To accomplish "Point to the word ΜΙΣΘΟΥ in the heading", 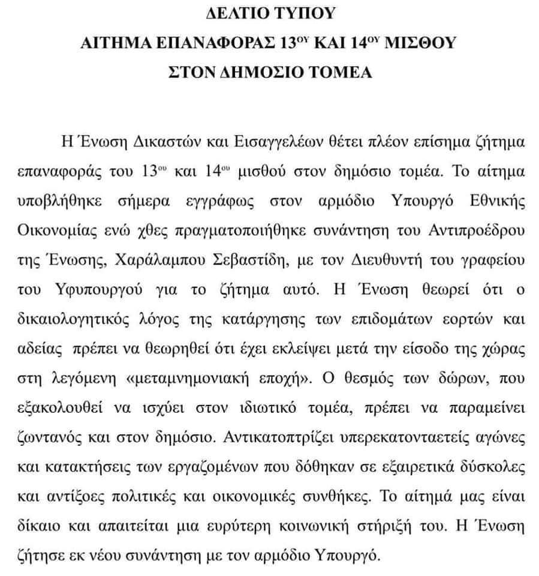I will click(x=421, y=43).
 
